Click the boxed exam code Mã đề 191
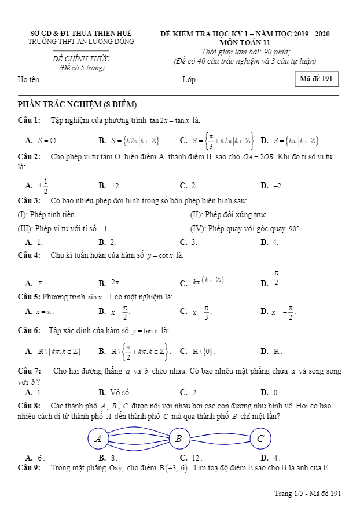pyautogui.click(x=316, y=79)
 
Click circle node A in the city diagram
pyautogui.click(x=98, y=439)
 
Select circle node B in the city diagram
pyautogui.click(x=179, y=439)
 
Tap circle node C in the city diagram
pyautogui.click(x=260, y=439)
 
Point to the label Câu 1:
pyautogui.click(x=29, y=120)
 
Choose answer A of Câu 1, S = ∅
pyautogui.click(x=43, y=140)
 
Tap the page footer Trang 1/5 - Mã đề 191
pyautogui.click(x=307, y=493)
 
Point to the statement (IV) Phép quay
pyautogui.click(x=246, y=228)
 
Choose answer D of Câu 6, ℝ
pyautogui.click(x=271, y=351)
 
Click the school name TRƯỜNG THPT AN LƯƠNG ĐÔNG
pyautogui.click(x=81, y=42)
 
